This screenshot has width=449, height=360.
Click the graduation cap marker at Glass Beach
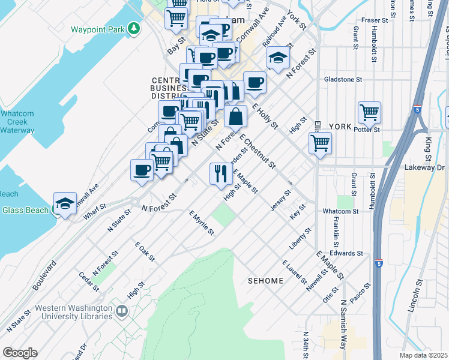coord(65,203)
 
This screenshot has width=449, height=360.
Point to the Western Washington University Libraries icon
coord(122,311)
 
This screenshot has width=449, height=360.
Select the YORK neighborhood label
coord(340,127)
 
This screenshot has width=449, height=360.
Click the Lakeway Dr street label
coord(424,167)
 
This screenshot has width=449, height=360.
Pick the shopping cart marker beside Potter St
coord(369,112)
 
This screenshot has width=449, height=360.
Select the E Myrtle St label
coord(201,223)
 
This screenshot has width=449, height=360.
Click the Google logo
coord(20,352)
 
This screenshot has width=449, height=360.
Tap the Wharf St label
coord(95,214)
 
